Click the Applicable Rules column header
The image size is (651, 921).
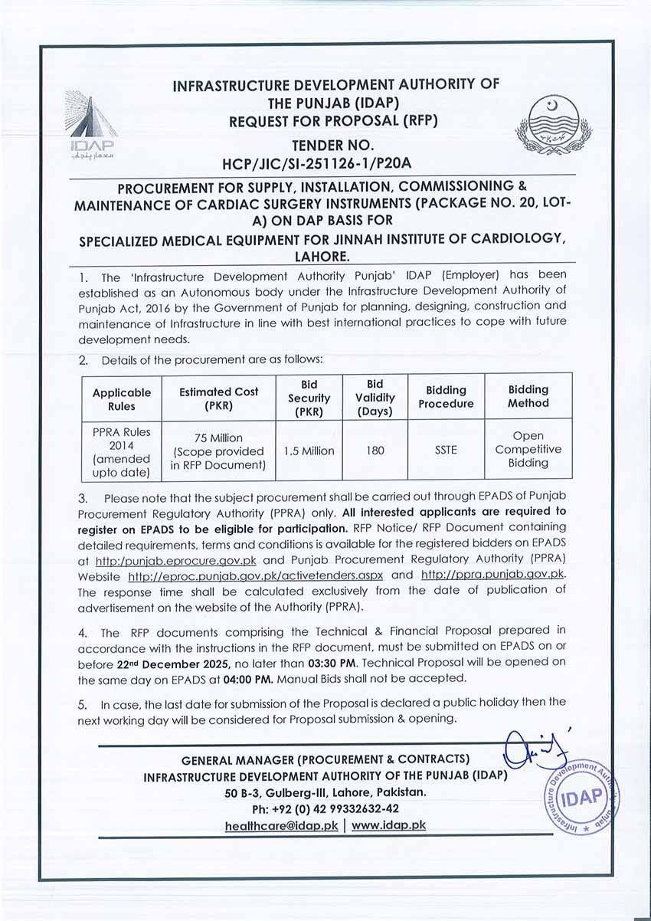point(122,399)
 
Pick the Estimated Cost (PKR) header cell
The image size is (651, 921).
point(218,398)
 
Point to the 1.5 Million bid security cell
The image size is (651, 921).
point(309,451)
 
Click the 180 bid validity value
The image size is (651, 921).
point(375,451)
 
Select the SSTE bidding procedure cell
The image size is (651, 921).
point(446,451)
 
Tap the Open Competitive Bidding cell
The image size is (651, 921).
point(528,450)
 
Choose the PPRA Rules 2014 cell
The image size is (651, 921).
point(122,452)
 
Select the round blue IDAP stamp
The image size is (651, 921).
point(583,796)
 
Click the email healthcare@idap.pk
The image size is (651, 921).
point(282,826)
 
